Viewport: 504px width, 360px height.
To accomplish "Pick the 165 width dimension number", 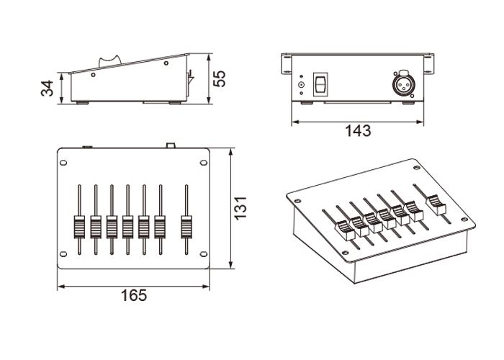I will [134, 294].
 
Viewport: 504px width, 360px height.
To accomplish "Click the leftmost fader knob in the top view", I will [78, 226].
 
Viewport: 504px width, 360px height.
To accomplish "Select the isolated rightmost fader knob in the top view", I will [186, 226].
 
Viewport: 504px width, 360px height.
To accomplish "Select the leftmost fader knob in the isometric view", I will [343, 230].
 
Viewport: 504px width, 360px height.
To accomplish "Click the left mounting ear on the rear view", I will [286, 64].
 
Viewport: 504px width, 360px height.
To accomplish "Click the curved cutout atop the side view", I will [110, 58].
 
